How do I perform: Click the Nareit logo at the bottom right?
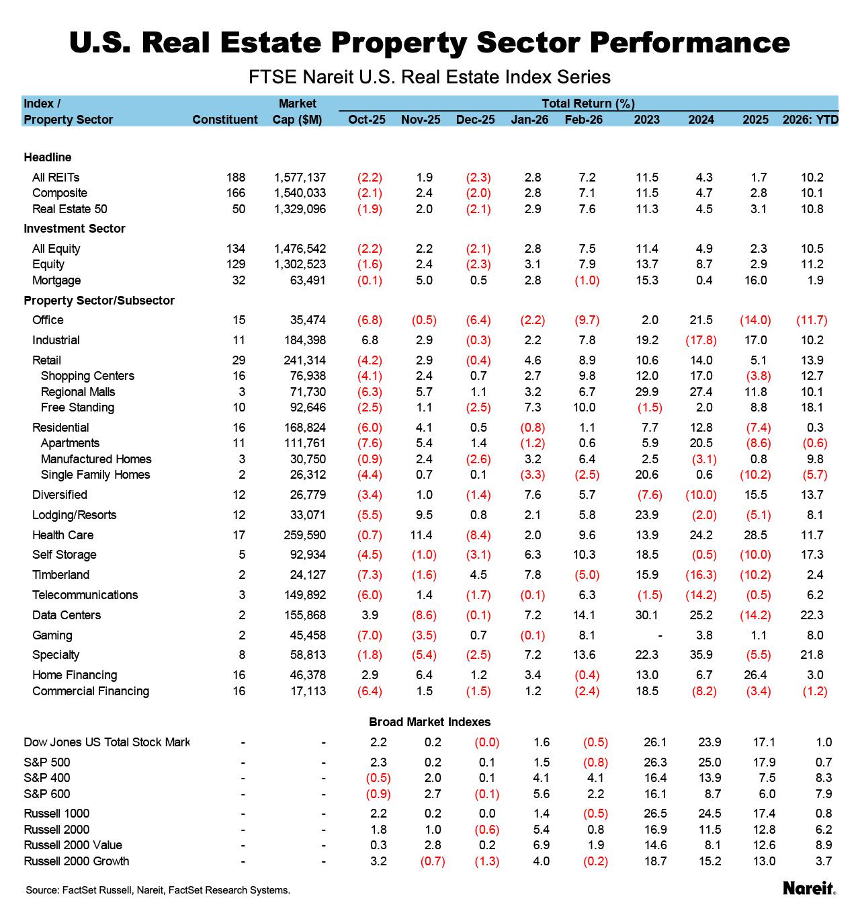coord(809,888)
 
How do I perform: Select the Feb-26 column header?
coord(583,120)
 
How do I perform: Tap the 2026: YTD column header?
coord(810,120)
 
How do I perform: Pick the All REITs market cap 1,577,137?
coord(300,178)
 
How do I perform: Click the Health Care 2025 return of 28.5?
coord(755,535)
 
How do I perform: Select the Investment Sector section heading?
coord(75,229)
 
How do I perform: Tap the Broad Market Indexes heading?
coord(430,722)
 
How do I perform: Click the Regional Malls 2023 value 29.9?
coord(647,392)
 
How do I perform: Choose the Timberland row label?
coord(60,575)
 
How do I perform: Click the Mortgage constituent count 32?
coord(239,280)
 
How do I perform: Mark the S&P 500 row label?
coord(47,762)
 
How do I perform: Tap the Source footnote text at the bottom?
coord(158,890)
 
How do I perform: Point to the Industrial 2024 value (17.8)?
coord(701,340)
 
